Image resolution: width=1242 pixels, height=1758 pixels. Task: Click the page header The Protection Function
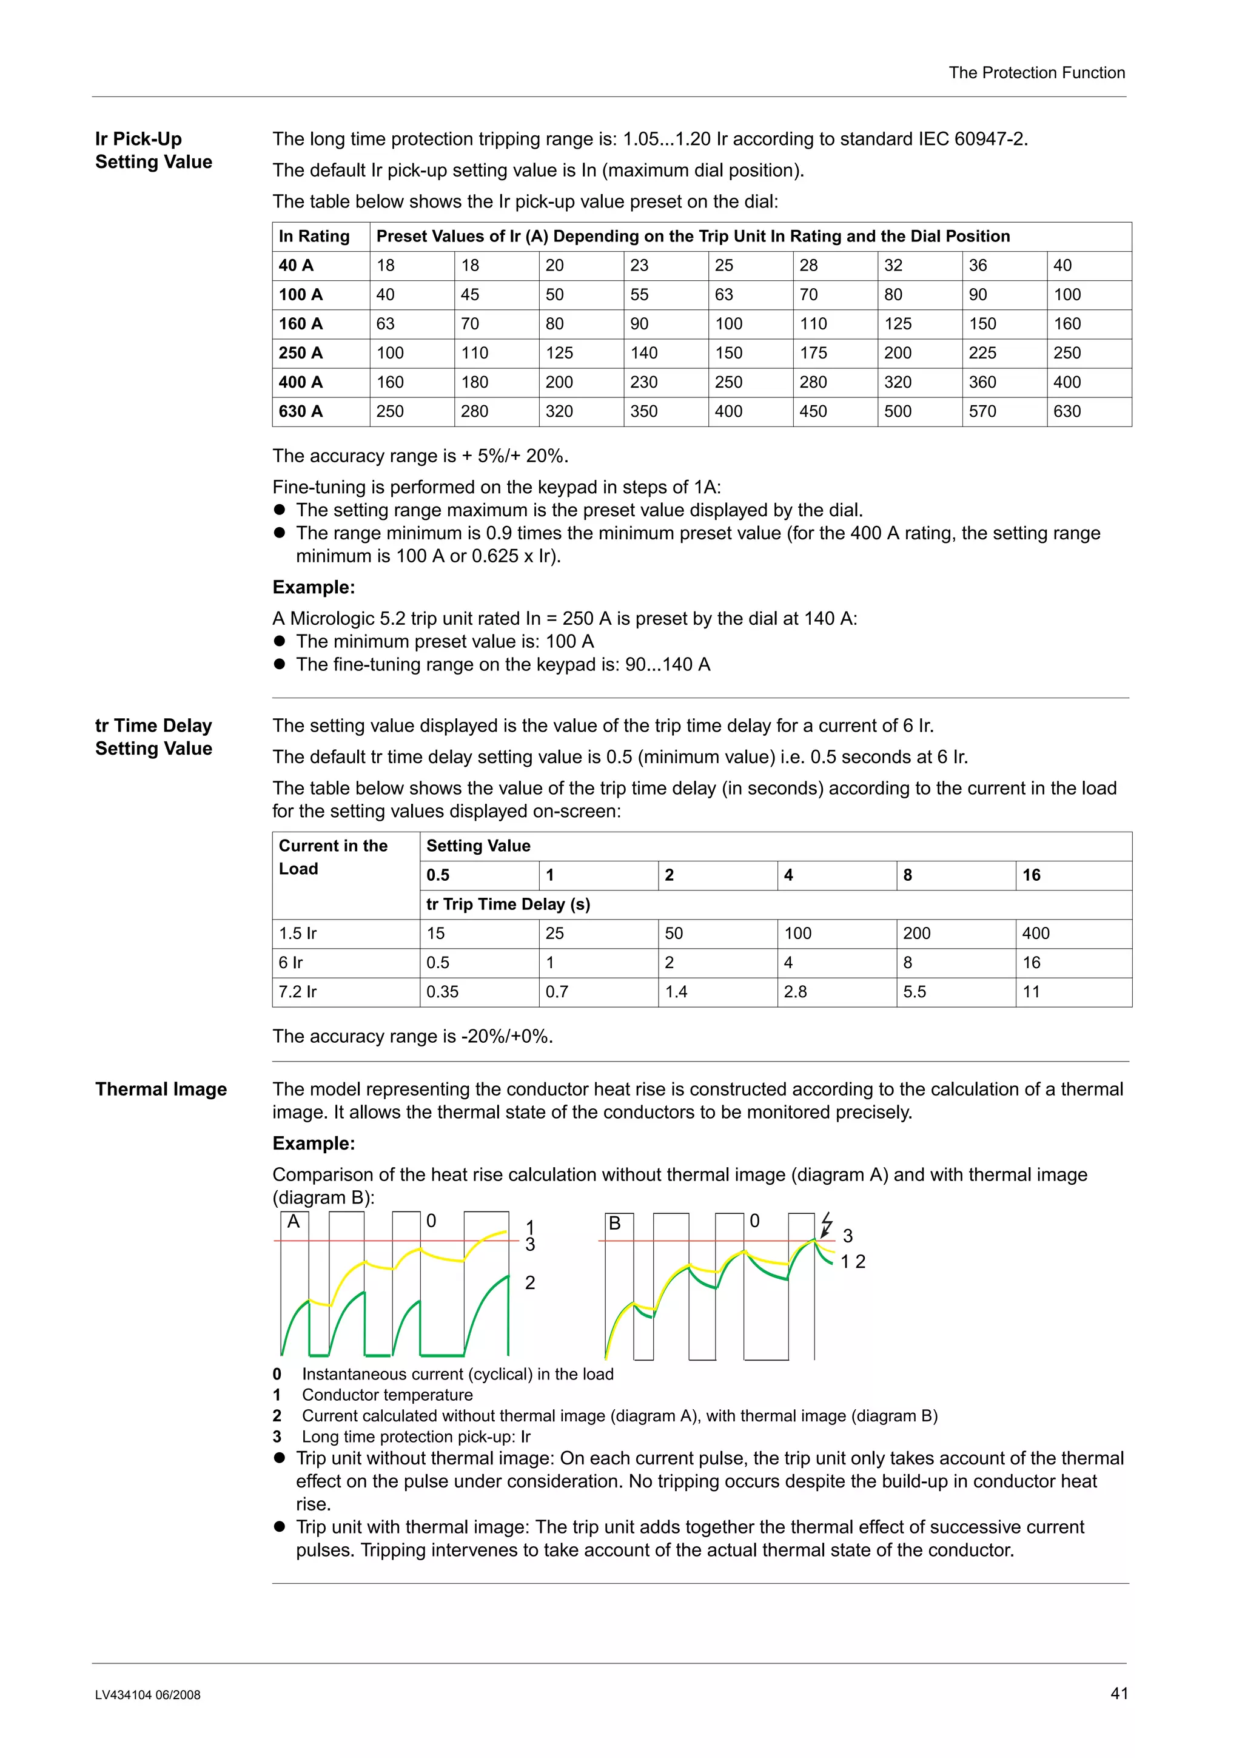click(x=1036, y=73)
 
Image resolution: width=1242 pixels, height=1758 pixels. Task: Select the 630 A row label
click(x=301, y=411)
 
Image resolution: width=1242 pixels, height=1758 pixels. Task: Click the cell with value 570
click(x=982, y=411)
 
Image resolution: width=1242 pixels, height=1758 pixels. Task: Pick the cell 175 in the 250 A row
click(x=813, y=353)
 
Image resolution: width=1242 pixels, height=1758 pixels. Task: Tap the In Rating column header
click(x=314, y=237)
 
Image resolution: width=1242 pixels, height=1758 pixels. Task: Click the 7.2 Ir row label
click(x=298, y=992)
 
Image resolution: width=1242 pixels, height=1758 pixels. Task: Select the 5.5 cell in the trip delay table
click(x=915, y=992)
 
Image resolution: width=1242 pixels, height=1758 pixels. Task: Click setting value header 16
click(x=1032, y=875)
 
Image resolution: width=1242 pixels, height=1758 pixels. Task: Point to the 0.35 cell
click(x=442, y=992)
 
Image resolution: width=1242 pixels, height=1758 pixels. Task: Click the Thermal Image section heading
click(x=161, y=1089)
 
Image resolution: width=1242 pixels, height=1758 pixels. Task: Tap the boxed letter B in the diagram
click(x=614, y=1224)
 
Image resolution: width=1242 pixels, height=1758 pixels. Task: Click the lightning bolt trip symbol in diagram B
click(x=826, y=1224)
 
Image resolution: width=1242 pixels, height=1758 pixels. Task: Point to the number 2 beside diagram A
click(x=529, y=1282)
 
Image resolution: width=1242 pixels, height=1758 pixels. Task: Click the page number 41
click(x=1119, y=1694)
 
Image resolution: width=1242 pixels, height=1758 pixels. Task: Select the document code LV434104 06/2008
click(x=148, y=1695)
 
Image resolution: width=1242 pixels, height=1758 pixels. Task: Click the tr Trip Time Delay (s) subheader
click(x=508, y=904)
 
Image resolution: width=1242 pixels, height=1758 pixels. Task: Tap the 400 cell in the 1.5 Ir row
click(x=1036, y=934)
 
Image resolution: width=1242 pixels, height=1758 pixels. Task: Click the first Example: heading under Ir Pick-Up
click(x=314, y=587)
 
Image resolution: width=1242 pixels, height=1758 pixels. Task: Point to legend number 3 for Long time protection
click(x=277, y=1436)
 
